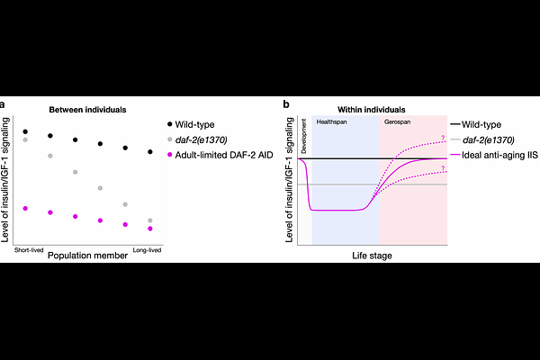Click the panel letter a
point(5,106)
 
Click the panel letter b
point(286,106)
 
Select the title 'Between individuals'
point(89,109)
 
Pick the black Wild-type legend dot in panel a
point(171,123)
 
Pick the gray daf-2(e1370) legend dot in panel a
point(171,139)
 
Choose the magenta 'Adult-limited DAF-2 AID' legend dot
point(171,155)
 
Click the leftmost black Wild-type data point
point(25,131)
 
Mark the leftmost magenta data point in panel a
point(25,208)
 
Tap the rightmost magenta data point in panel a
point(150,228)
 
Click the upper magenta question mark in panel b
point(443,137)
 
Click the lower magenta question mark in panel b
point(443,170)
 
